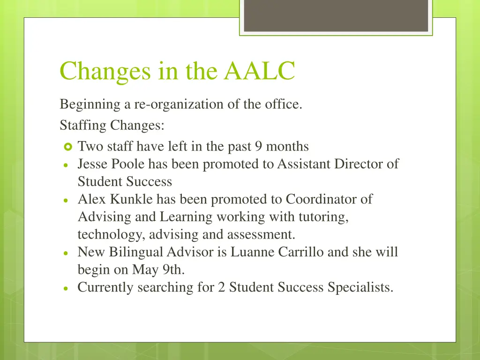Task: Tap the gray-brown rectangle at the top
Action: [336, 15]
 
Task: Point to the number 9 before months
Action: [258, 147]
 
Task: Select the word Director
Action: [356, 165]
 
